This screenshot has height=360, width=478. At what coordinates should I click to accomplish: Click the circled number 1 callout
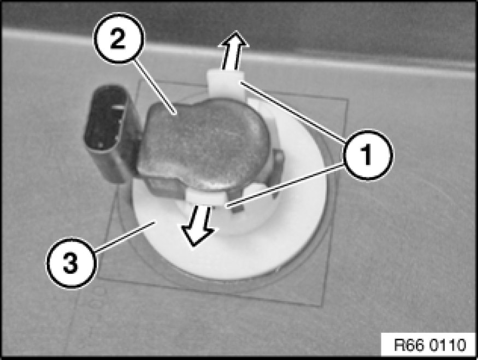[x=368, y=155]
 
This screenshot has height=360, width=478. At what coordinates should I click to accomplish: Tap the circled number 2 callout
[x=119, y=38]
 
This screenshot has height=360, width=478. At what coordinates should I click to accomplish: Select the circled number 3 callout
[x=71, y=263]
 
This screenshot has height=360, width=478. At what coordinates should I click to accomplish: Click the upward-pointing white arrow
[x=233, y=51]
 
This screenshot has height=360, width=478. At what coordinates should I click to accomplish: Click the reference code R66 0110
[x=430, y=345]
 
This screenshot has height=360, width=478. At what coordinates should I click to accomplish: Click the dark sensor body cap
[x=204, y=144]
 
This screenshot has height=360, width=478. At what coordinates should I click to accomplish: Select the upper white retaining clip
[x=226, y=82]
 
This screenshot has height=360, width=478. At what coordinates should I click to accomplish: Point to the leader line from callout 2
[x=156, y=88]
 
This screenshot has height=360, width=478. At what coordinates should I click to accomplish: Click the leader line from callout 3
[x=124, y=237]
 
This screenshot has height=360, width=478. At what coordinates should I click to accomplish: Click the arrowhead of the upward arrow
[x=234, y=39]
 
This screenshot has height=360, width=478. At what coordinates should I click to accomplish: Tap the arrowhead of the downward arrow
[x=196, y=237]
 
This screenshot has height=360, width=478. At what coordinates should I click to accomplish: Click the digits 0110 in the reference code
[x=448, y=345]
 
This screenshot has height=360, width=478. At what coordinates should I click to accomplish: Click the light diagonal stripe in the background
[x=238, y=52]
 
